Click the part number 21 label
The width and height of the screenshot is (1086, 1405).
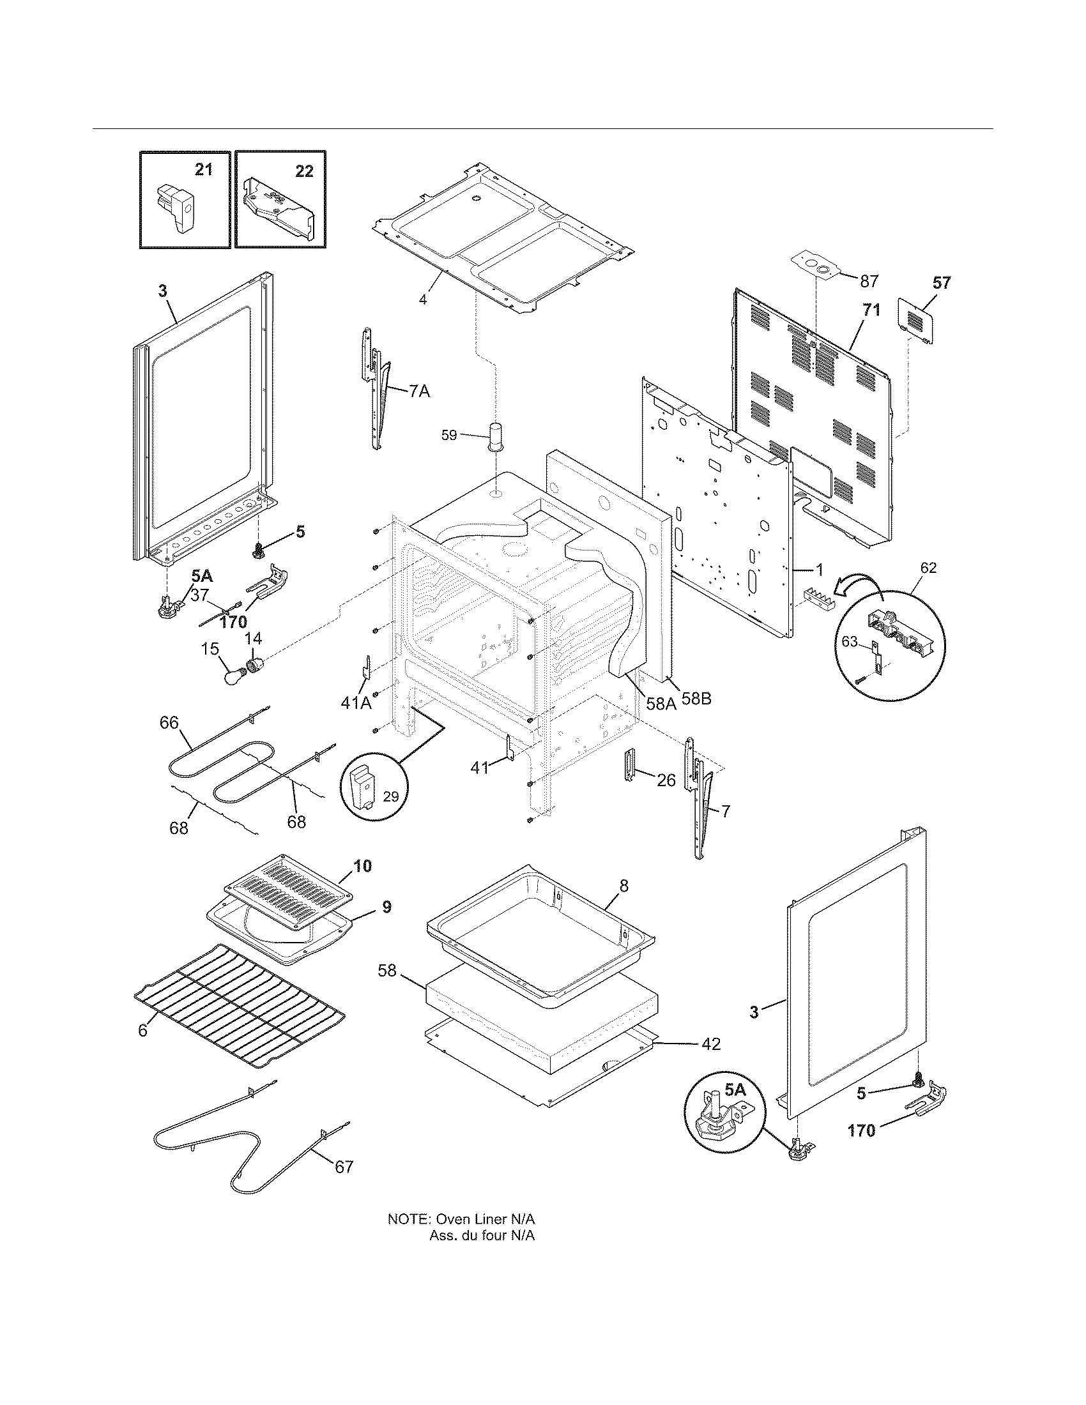pos(203,171)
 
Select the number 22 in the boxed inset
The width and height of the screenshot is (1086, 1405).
pos(304,171)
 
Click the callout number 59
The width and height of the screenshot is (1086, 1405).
pos(449,436)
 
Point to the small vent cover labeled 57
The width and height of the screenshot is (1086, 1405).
pos(917,320)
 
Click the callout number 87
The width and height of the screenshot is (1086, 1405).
pos(869,281)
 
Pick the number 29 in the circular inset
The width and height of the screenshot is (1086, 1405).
pos(390,796)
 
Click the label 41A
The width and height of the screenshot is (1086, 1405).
pos(356,703)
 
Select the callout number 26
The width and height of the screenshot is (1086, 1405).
pos(666,780)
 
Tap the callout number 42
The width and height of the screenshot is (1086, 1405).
pos(711,1044)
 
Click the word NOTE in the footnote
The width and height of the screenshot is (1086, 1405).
pos(408,1219)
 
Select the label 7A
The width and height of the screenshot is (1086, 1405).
pos(420,391)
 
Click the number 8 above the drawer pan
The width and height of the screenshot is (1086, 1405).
pos(623,886)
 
